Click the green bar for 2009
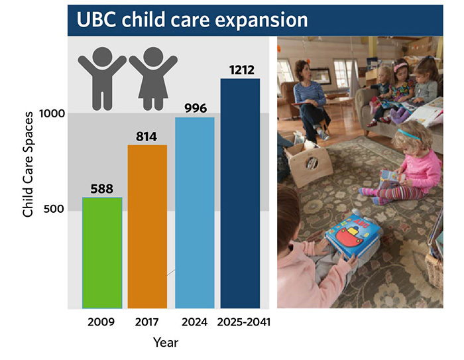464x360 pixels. coord(102,253)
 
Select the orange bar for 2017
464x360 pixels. coord(147,226)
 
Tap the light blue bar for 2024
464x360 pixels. coord(194,212)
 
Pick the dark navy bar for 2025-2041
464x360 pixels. coord(240,193)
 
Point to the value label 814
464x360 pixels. coord(147,137)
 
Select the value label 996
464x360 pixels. coord(194,108)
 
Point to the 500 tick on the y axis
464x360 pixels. coord(57,211)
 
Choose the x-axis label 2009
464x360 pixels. coord(102,323)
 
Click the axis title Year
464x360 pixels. coord(166,343)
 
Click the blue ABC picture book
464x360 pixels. coord(353,236)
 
